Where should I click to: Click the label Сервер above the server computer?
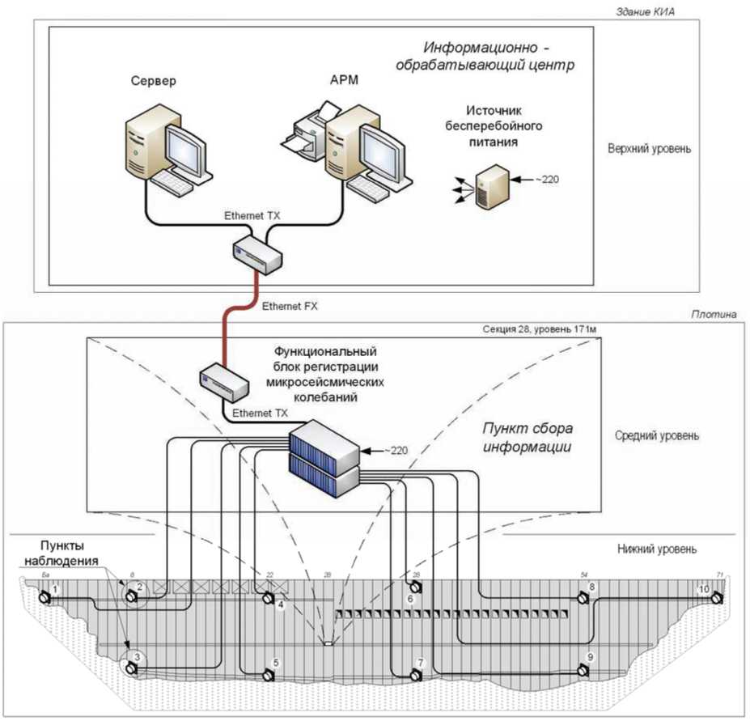(153, 82)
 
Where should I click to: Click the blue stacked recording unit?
(324, 458)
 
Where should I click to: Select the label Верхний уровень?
(650, 150)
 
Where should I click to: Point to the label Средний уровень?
(657, 435)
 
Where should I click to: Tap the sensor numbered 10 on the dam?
(716, 597)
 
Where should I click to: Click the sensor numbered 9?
(582, 670)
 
